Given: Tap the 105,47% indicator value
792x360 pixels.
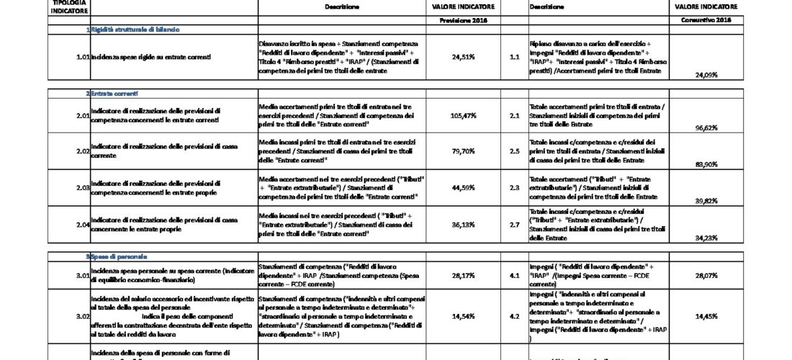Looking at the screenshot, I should pyautogui.click(x=464, y=115).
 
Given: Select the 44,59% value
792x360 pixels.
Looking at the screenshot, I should pyautogui.click(x=464, y=188).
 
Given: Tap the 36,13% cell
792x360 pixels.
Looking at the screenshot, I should pyautogui.click(x=464, y=224).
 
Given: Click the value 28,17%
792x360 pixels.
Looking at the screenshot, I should pyautogui.click(x=464, y=274).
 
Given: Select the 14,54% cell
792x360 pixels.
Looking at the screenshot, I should pyautogui.click(x=464, y=315).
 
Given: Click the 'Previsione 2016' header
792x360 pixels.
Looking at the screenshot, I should pyautogui.click(x=464, y=20).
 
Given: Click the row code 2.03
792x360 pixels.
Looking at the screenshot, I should pyautogui.click(x=82, y=188).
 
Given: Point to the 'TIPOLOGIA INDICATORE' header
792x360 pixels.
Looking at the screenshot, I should pyautogui.click(x=70, y=6).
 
